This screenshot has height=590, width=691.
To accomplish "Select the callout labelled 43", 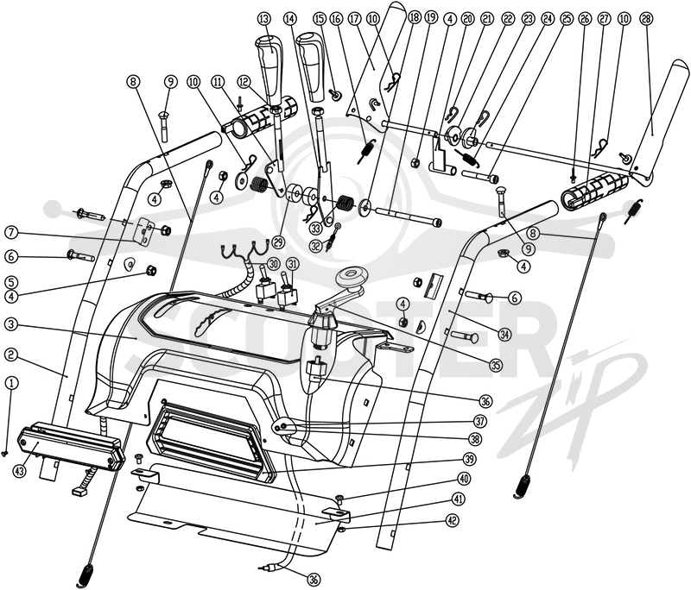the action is pos(20,471).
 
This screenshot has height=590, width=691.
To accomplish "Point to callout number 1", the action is pos(12,383).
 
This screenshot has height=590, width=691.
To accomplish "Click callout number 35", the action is pos(496,363).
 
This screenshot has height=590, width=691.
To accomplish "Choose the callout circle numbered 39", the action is pos(469,459).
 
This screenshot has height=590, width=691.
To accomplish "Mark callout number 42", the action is pos(453,520).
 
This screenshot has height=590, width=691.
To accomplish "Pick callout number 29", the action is pos(276,242).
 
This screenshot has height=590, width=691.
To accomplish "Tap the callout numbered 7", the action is pos(12,232).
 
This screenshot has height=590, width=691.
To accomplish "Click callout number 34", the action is pos(504,335).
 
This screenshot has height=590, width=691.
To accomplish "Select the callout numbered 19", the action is pos(430,19).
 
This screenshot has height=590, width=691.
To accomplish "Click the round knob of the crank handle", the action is pos(351,277).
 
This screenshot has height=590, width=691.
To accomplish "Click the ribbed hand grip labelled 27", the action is pos(593,188).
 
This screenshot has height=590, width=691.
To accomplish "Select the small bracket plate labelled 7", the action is pos(144,230).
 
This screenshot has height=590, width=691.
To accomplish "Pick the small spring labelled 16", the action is pos(366,149).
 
